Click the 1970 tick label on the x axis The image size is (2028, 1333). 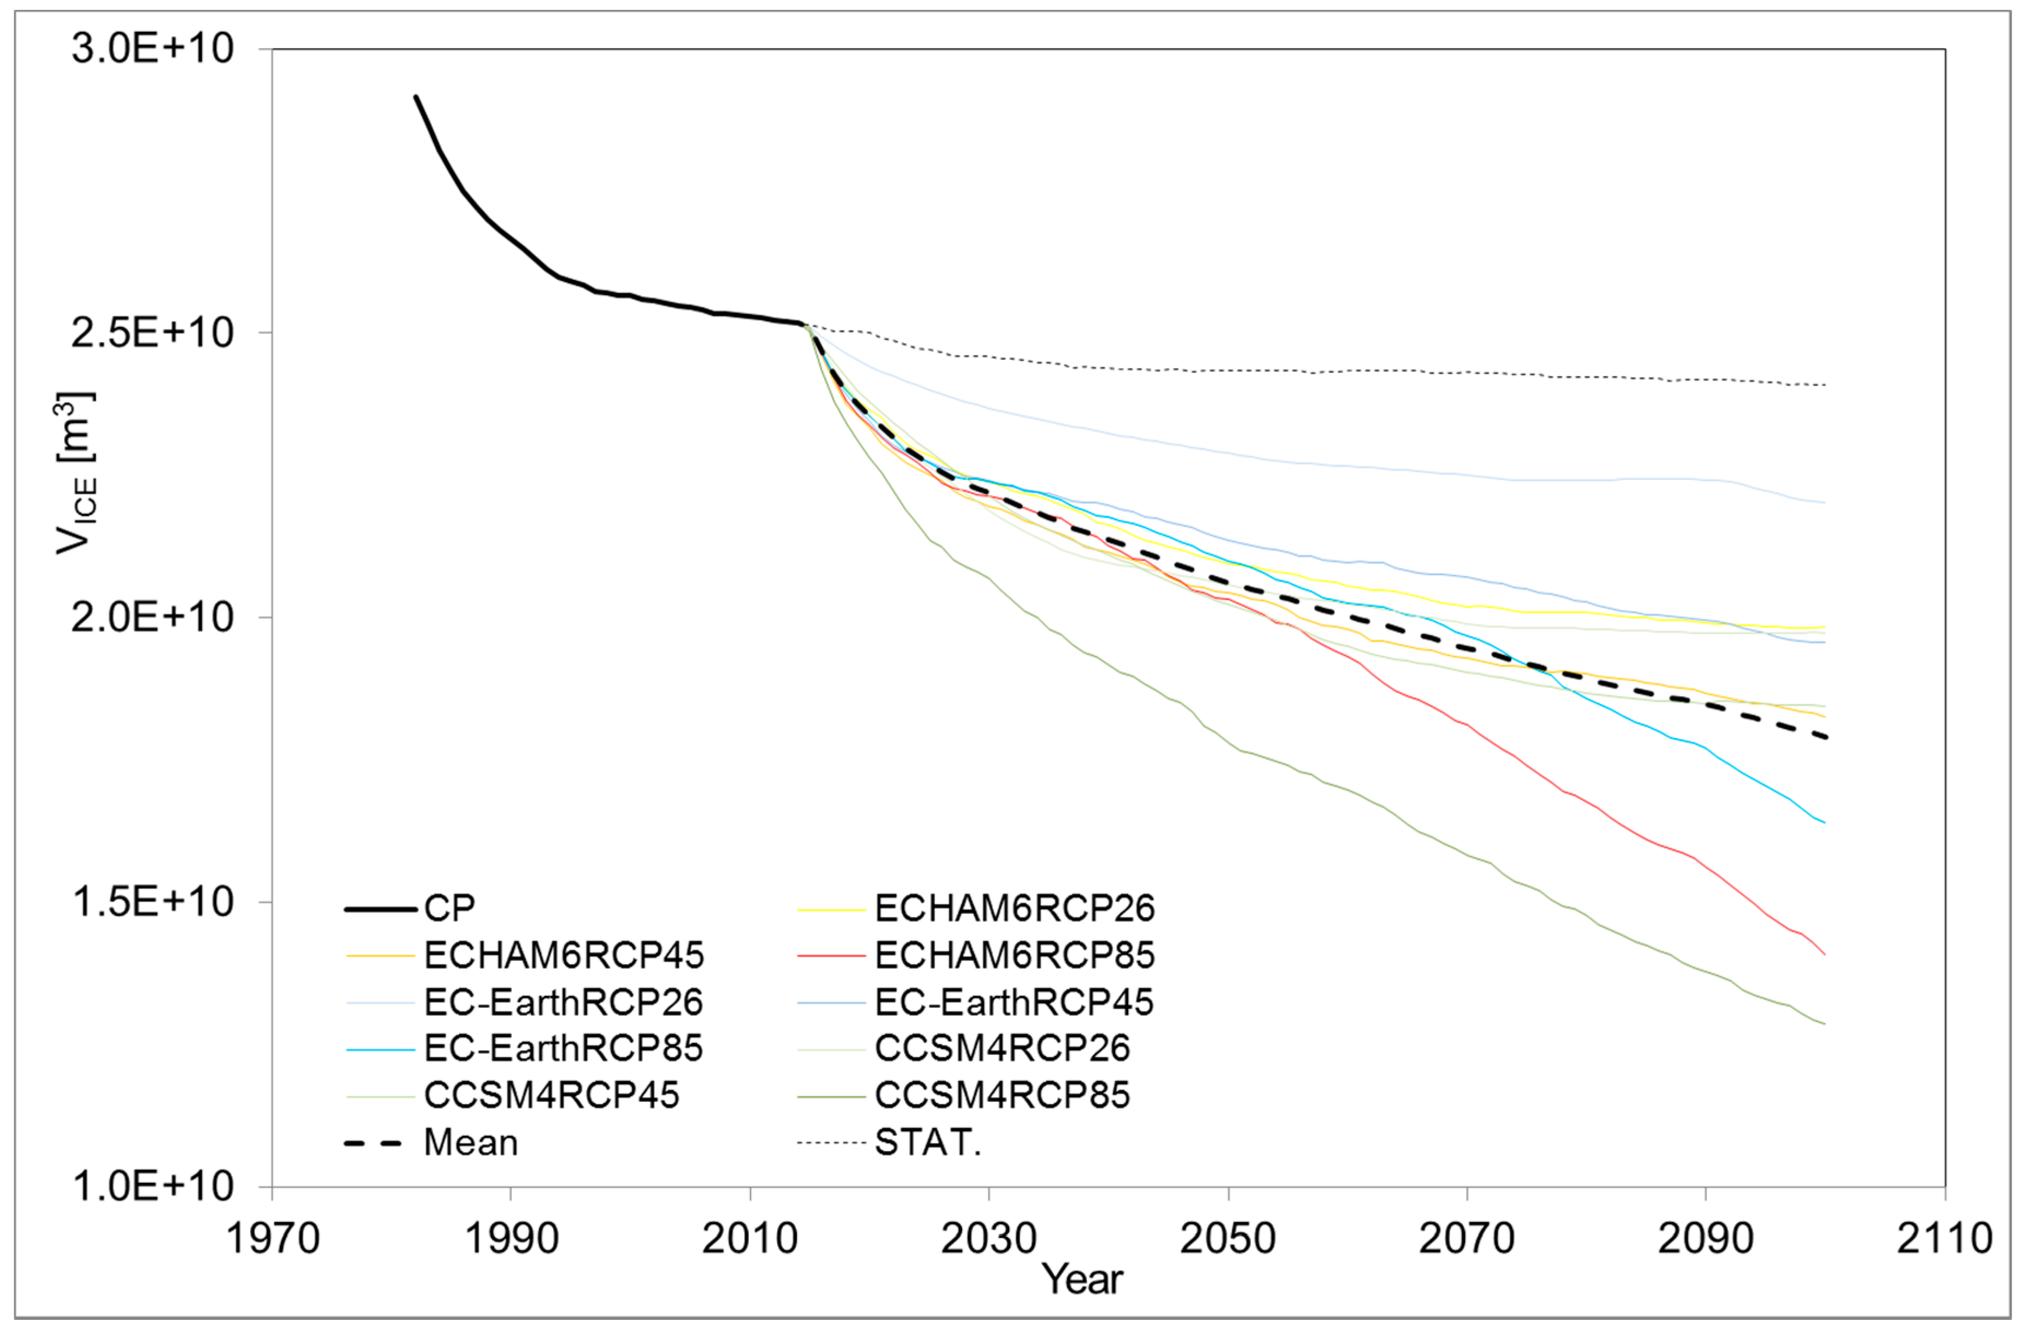coord(272,1237)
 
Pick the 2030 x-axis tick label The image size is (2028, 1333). coord(988,1237)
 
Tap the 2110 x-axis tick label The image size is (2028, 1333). coord(1944,1237)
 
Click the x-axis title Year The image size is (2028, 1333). coord(1082,1278)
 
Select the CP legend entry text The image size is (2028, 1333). coord(449,909)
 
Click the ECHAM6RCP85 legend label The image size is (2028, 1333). coord(1014,955)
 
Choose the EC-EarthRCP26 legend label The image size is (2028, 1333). coord(563,1002)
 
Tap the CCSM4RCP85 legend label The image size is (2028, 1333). coord(1002,1095)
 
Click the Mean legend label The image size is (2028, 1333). coord(470,1143)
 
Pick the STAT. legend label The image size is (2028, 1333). coord(928,1143)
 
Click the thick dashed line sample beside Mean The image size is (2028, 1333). coord(373,1143)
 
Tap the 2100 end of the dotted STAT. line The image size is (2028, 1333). coord(1824,385)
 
